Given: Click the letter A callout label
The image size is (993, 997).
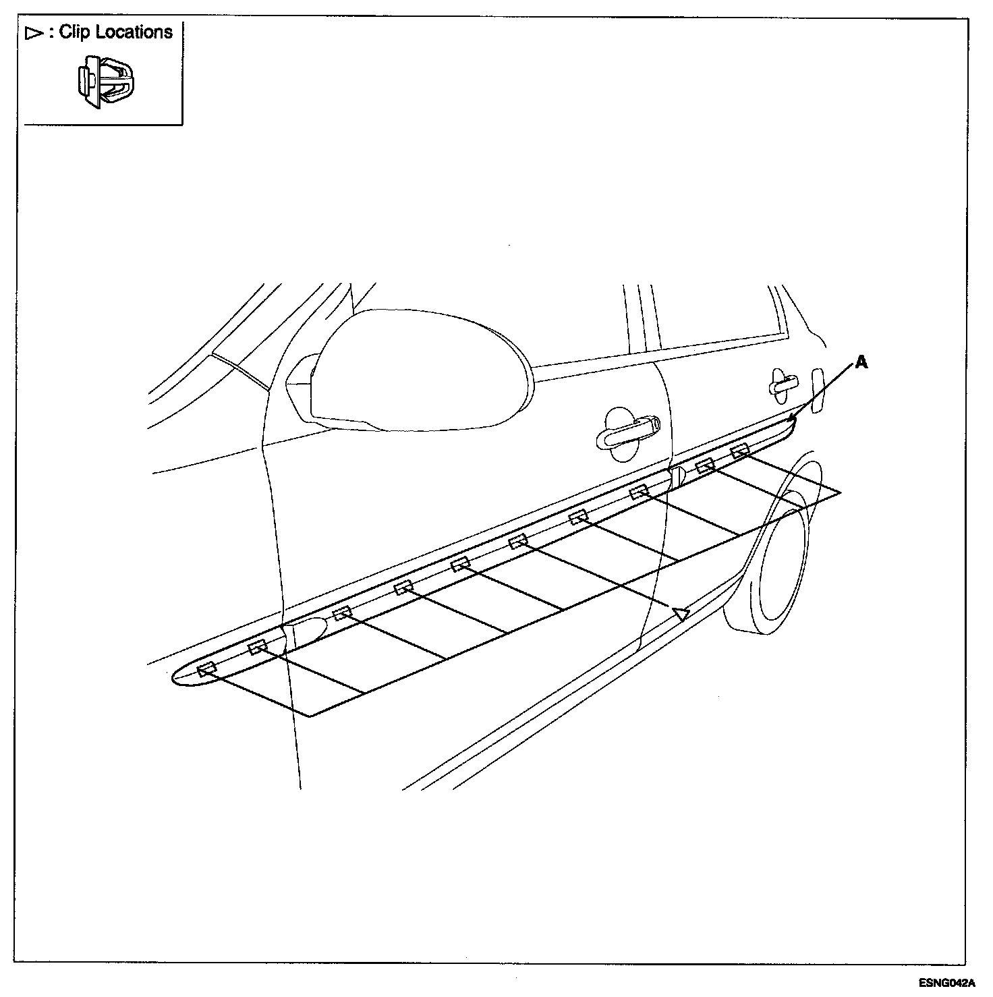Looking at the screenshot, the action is coord(861,363).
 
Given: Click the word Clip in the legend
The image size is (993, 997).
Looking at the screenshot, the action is coord(74,32).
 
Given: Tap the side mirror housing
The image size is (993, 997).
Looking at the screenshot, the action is coord(418,371).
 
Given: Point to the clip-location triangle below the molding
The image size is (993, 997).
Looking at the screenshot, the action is coord(680,613).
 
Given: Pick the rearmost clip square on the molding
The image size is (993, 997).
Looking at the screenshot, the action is coord(740,451).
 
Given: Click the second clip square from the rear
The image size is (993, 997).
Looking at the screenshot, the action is coord(705,465).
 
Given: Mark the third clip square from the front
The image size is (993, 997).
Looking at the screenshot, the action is coord(342,613).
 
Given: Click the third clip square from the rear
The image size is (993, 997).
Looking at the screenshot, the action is coord(638,492).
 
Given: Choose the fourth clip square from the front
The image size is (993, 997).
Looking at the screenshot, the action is coord(403,588).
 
